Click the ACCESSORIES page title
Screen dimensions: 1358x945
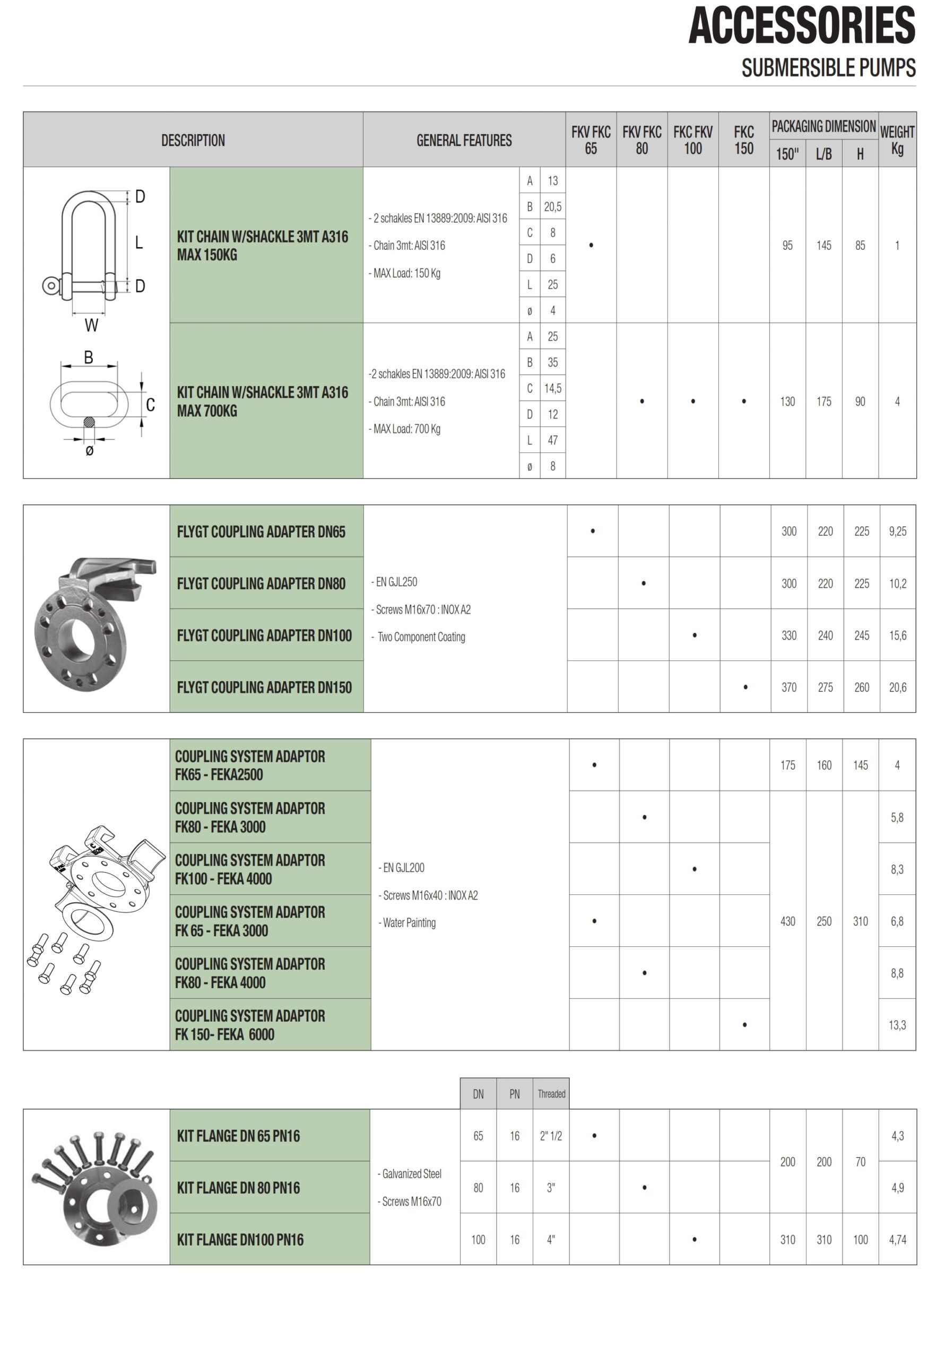tap(801, 26)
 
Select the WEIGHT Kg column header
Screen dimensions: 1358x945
tap(897, 140)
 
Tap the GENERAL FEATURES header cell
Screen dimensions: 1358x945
tap(464, 141)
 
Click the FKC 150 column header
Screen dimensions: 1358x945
tap(743, 140)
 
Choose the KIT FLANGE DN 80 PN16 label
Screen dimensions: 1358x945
tap(238, 1187)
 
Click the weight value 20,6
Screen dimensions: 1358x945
tap(897, 687)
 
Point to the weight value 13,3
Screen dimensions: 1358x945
tap(897, 1025)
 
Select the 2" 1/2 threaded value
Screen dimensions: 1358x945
tap(550, 1136)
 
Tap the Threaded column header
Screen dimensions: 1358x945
tap(551, 1094)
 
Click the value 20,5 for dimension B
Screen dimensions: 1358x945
tap(552, 206)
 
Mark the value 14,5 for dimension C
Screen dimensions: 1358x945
tap(552, 388)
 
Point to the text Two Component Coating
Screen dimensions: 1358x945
tap(421, 637)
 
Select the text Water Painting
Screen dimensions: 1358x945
tap(408, 922)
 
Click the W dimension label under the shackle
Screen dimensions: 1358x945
tap(91, 325)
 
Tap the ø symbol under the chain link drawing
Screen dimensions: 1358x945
tap(89, 451)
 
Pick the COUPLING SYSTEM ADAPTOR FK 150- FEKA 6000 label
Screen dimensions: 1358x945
tap(250, 1025)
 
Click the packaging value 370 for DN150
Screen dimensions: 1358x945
tap(788, 687)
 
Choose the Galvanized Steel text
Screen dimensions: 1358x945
tap(411, 1173)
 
